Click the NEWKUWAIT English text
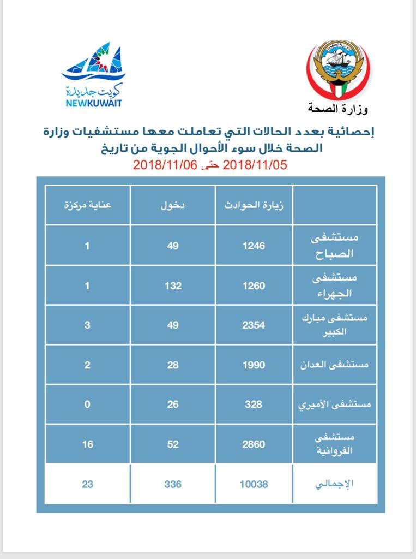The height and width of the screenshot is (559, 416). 93,103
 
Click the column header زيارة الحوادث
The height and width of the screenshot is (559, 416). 254,206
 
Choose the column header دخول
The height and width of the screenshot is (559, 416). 173,206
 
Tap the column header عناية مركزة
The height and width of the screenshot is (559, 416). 88,206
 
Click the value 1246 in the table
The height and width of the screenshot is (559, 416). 254,246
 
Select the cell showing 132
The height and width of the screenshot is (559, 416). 173,286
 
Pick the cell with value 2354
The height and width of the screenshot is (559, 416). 254,325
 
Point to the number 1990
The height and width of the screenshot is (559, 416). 254,365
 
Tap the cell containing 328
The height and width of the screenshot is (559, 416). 254,405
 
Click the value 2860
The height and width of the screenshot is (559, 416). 254,444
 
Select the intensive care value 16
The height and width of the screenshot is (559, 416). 88,444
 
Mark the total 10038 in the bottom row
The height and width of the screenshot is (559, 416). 254,484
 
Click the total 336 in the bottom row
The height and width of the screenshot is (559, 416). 173,484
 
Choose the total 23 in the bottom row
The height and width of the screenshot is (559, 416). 88,484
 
